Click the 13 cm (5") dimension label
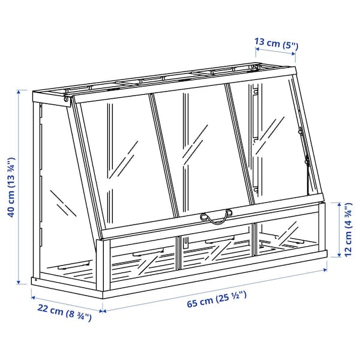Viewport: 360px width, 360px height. coord(276,43)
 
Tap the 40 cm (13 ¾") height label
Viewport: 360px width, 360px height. coord(10,187)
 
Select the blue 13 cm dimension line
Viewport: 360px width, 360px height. coord(276,53)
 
